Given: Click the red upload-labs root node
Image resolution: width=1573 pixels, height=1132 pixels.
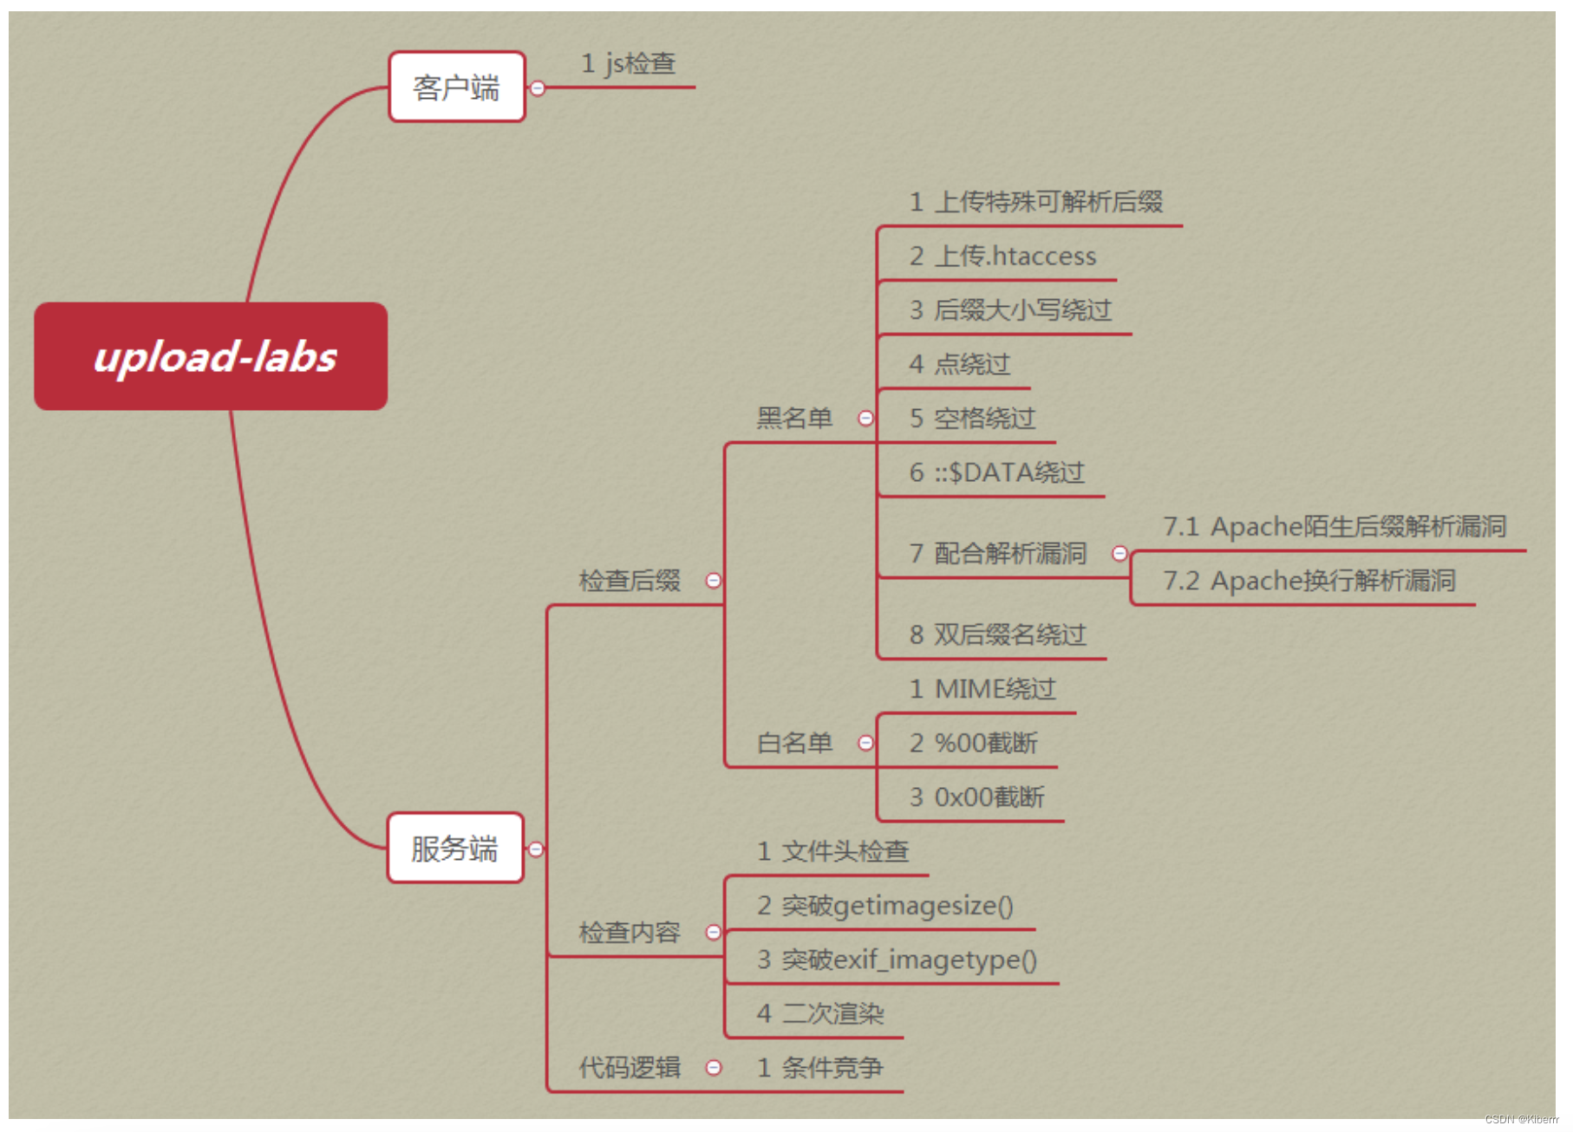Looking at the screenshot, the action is click(211, 356).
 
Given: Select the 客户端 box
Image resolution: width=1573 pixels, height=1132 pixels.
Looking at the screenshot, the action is click(457, 87).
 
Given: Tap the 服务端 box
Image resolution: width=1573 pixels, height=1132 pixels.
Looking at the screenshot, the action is click(455, 848).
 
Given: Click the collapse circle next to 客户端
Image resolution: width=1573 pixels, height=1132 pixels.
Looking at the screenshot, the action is click(538, 88).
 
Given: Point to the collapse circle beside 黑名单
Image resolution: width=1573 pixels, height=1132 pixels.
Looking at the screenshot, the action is click(865, 418).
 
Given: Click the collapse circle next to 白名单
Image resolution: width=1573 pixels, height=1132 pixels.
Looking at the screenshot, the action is click(865, 743).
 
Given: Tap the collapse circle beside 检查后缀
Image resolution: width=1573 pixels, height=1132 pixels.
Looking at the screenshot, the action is click(714, 580).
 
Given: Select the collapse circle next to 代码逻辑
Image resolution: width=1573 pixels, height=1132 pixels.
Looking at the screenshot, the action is click(714, 1067).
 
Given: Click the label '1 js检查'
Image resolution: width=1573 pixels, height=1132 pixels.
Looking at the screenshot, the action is click(629, 63).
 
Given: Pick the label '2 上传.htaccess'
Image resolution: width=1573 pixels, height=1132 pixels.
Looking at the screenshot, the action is click(1002, 256).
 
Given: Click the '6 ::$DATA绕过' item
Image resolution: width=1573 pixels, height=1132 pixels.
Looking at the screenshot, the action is click(996, 472).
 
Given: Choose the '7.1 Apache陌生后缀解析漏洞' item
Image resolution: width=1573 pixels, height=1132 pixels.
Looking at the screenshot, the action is click(1334, 526).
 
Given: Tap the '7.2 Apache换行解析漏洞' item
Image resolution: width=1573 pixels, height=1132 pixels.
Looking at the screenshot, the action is click(1309, 580).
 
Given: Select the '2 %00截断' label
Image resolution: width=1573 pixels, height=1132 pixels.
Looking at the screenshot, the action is click(973, 743).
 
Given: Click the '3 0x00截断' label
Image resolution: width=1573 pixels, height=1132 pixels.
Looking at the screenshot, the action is click(976, 797).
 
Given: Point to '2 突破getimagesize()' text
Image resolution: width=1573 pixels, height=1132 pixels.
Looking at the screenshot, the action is click(884, 905).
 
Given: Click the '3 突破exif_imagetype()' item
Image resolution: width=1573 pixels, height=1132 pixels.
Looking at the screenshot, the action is click(897, 960).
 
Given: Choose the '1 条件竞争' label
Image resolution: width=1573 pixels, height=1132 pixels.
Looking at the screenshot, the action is click(819, 1067).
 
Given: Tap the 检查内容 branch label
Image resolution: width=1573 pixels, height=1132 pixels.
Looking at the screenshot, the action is click(630, 932).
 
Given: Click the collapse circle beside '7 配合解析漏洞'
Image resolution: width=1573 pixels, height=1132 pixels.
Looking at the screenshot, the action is click(1119, 553).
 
